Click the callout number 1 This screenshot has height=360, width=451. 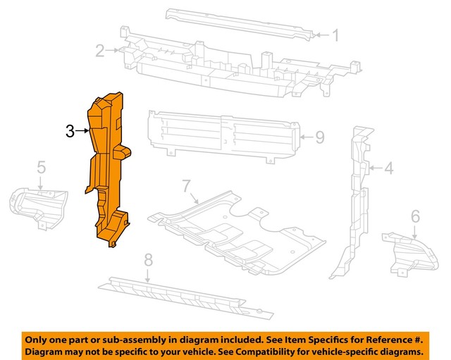pyautogui.click(x=335, y=35)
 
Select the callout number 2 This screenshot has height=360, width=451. pyautogui.click(x=100, y=50)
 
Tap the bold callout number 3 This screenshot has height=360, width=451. pyautogui.click(x=70, y=130)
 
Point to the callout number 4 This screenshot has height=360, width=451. pyautogui.click(x=389, y=168)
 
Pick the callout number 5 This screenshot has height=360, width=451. pyautogui.click(x=41, y=167)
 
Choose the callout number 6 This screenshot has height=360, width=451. pyautogui.click(x=415, y=215)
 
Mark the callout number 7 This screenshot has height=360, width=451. pyautogui.click(x=186, y=187)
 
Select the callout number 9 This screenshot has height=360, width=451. pyautogui.click(x=319, y=136)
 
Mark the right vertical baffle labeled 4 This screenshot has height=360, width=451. pyautogui.click(x=356, y=197)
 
